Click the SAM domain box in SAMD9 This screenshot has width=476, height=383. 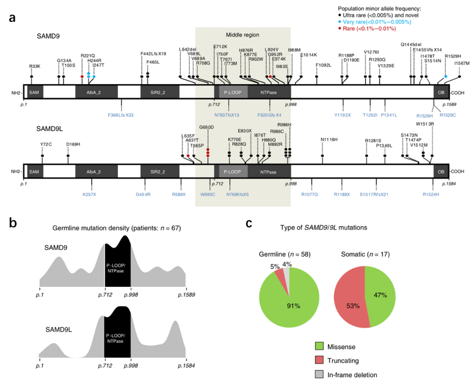pyautogui.click(x=34, y=92)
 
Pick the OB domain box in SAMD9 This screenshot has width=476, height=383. pyautogui.click(x=441, y=92)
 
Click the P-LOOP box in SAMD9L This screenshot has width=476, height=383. pyautogui.click(x=233, y=172)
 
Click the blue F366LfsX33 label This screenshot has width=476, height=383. pyautogui.click(x=120, y=114)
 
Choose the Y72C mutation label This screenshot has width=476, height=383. pyautogui.click(x=46, y=144)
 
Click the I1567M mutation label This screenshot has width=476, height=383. pyautogui.click(x=461, y=63)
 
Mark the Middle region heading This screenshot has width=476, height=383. pyautogui.click(x=243, y=35)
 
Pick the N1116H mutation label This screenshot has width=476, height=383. pyautogui.click(x=329, y=139)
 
